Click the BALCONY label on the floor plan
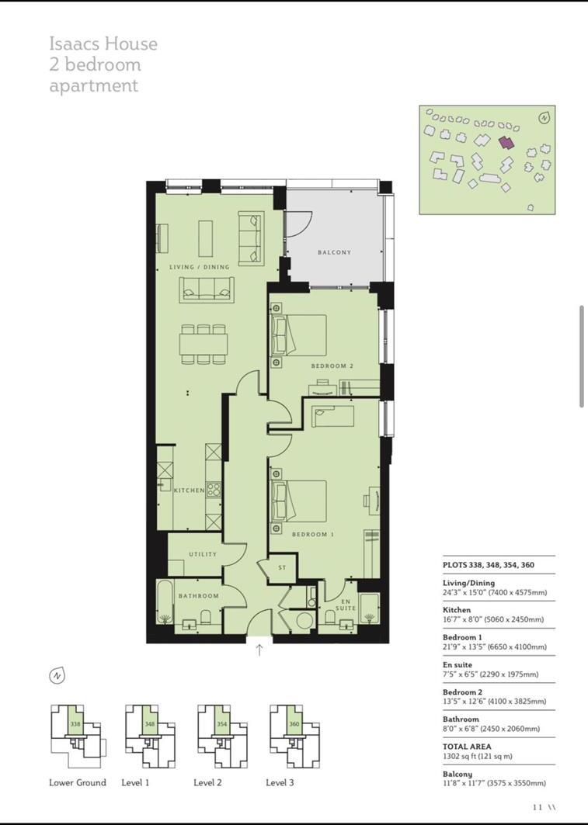[x=334, y=252]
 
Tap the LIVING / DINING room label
[x=200, y=267]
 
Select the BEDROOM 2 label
[x=332, y=366]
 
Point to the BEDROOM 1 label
[x=312, y=534]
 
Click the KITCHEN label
[x=189, y=490]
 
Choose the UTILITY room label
[x=203, y=554]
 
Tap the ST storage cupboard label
[x=282, y=568]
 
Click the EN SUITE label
[x=346, y=605]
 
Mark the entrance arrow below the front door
[x=259, y=650]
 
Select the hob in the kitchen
[x=214, y=490]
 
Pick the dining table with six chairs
[x=204, y=343]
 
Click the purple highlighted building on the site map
[x=506, y=143]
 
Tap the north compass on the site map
[x=545, y=118]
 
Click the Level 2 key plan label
[x=208, y=782]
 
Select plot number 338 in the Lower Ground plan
[x=75, y=724]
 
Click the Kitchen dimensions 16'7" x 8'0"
[x=493, y=619]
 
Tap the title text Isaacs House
[x=103, y=43]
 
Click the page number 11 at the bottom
[x=538, y=807]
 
